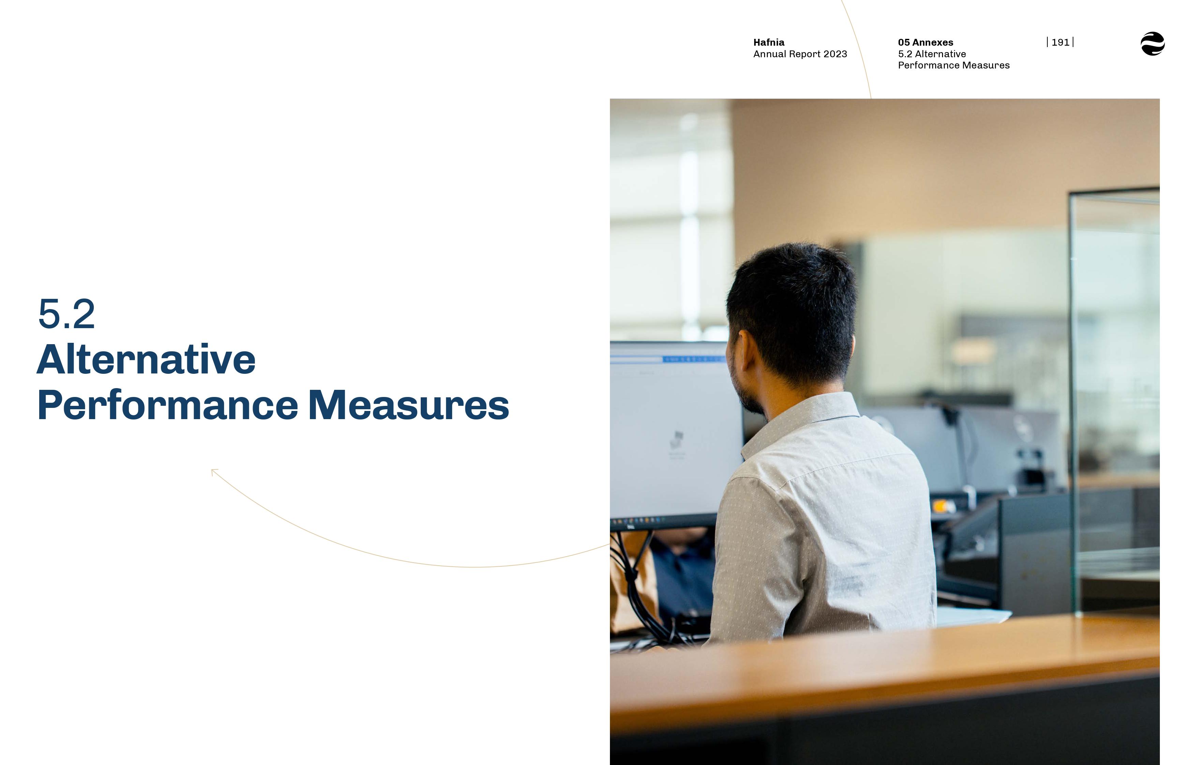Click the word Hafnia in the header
[x=769, y=42]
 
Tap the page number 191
[x=1060, y=42]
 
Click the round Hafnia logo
[x=1152, y=44]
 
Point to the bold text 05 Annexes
[x=925, y=42]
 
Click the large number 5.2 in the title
[x=66, y=314]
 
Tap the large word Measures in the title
[x=408, y=405]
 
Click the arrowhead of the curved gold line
[x=214, y=471]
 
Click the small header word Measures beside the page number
[x=986, y=65]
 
